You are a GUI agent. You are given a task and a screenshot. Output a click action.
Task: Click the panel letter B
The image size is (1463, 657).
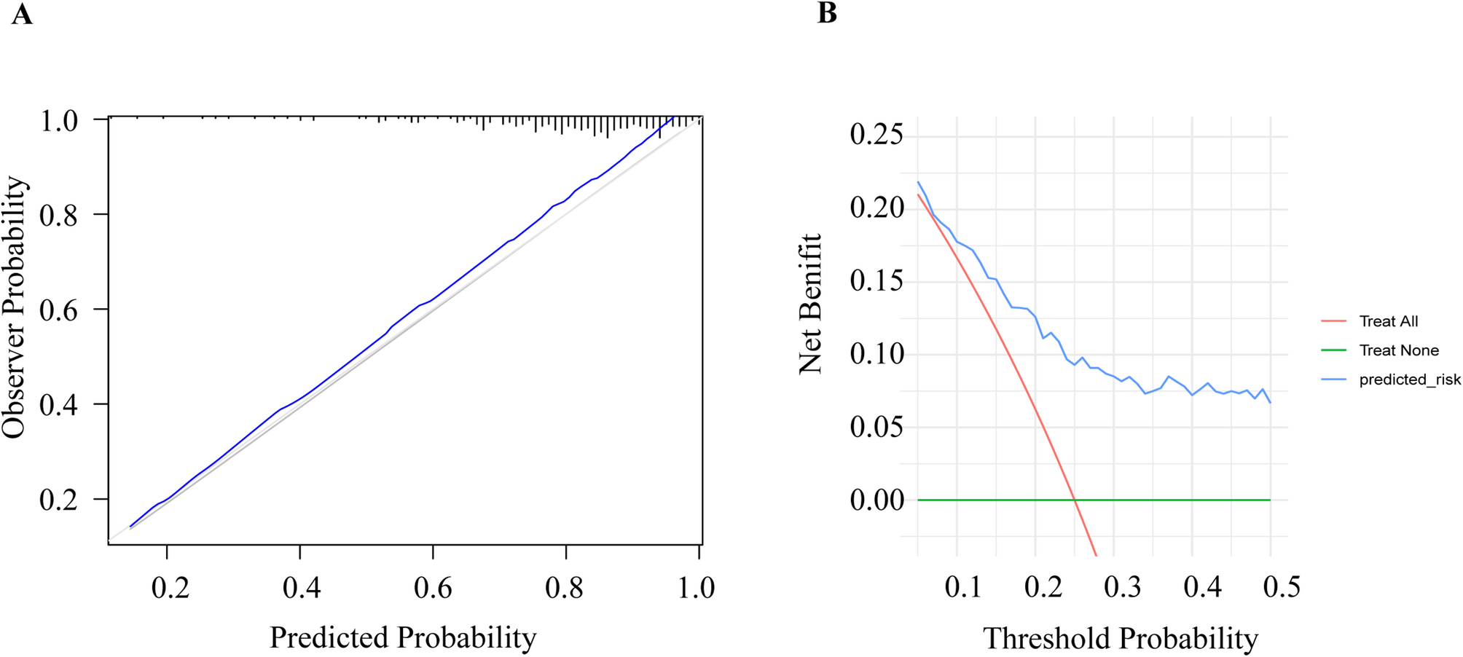(x=827, y=13)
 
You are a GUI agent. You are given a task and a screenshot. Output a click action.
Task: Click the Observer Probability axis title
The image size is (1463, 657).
(x=15, y=307)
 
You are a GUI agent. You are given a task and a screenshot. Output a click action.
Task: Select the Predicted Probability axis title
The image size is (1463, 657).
(x=403, y=637)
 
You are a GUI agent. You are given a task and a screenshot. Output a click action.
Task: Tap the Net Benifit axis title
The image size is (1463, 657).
(x=811, y=304)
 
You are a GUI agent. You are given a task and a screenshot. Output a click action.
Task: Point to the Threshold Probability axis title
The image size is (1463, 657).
(x=1121, y=638)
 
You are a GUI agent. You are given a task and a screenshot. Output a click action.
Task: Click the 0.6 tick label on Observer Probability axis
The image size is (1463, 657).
(x=58, y=310)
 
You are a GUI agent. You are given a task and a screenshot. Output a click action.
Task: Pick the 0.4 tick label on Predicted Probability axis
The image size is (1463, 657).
(x=302, y=587)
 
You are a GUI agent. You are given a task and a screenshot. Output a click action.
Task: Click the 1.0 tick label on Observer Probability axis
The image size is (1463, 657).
(x=58, y=121)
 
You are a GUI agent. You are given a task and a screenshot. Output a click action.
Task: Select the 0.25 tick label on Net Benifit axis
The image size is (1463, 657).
(x=876, y=135)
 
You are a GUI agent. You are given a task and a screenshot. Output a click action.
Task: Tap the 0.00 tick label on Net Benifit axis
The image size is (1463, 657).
(x=876, y=500)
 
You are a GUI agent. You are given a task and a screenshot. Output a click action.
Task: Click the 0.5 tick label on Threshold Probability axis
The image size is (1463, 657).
(x=1282, y=586)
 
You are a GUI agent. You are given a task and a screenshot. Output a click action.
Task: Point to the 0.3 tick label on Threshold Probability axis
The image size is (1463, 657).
(x=1122, y=586)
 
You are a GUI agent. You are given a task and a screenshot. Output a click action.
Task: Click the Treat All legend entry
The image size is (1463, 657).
(x=1388, y=321)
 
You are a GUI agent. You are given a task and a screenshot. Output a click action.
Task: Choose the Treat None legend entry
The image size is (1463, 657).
(x=1398, y=350)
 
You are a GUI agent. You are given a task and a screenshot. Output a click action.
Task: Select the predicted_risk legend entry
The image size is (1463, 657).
(x=1409, y=379)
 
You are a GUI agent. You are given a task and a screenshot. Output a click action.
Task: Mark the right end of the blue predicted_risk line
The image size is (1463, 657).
(x=1270, y=402)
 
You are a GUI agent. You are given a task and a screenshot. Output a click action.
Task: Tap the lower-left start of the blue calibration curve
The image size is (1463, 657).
(x=130, y=526)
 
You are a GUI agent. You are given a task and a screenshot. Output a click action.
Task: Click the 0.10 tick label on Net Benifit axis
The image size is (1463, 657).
(x=876, y=354)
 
